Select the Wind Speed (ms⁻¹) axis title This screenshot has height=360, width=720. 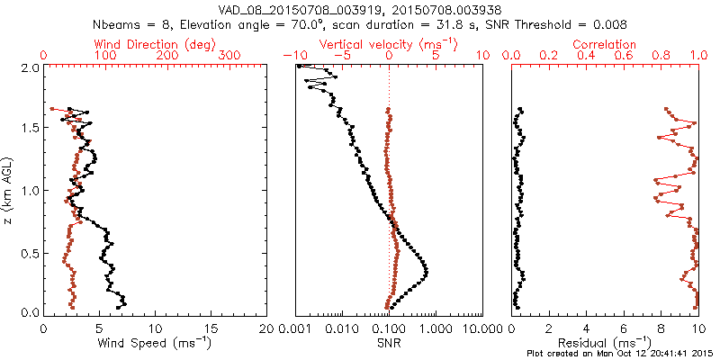coord(156,342)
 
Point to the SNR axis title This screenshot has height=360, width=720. coord(388,342)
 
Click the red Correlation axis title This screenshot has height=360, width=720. coord(604,44)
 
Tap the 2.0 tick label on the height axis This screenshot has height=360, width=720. coord(29,67)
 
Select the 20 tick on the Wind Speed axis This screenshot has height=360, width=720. coord(267,328)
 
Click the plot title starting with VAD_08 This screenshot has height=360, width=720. coord(359,10)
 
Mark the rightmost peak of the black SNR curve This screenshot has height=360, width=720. coord(426,272)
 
